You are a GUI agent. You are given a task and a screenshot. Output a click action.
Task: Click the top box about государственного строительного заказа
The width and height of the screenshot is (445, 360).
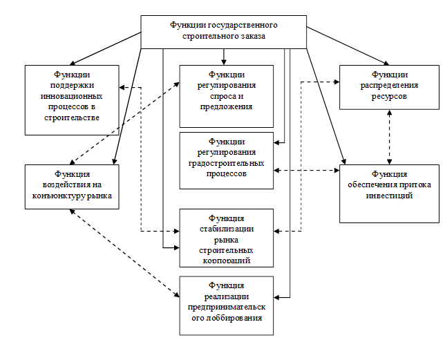pyautogui.click(x=224, y=31)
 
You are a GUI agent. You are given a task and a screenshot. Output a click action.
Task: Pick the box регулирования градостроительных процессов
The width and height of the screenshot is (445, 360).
pyautogui.click(x=226, y=160)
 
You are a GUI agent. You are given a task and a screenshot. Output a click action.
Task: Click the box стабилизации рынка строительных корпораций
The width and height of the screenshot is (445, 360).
pyautogui.click(x=226, y=237)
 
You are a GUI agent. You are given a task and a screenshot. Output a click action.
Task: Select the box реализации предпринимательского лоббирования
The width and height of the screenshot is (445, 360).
pyautogui.click(x=226, y=305)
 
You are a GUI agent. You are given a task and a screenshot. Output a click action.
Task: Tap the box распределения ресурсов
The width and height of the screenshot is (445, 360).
pyautogui.click(x=389, y=86)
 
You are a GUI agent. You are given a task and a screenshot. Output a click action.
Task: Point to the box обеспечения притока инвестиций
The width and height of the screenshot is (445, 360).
pyautogui.click(x=389, y=193)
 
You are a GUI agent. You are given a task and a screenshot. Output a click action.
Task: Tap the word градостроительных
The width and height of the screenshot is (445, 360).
pyautogui.click(x=225, y=164)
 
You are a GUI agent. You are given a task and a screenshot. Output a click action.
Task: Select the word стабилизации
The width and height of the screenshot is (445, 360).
pyautogui.click(x=225, y=229)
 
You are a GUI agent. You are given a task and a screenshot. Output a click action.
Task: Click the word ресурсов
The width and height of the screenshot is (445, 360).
pyautogui.click(x=389, y=97)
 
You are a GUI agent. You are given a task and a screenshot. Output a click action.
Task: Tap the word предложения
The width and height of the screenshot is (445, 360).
pyautogui.click(x=225, y=106)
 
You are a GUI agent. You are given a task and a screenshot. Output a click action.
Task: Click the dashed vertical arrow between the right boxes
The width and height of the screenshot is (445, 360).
pyautogui.click(x=390, y=137)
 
